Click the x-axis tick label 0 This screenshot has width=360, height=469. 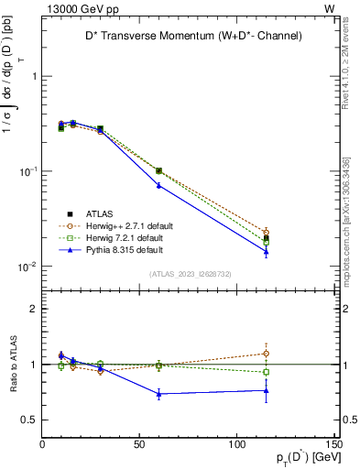pyautogui.click(x=43, y=444)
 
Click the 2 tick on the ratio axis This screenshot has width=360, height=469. pyautogui.click(x=34, y=309)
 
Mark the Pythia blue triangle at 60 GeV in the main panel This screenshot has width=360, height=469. pyautogui.click(x=159, y=185)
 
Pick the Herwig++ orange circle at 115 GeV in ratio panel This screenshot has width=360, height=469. pyautogui.click(x=266, y=353)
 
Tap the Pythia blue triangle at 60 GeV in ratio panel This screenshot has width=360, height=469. pyautogui.click(x=159, y=394)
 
